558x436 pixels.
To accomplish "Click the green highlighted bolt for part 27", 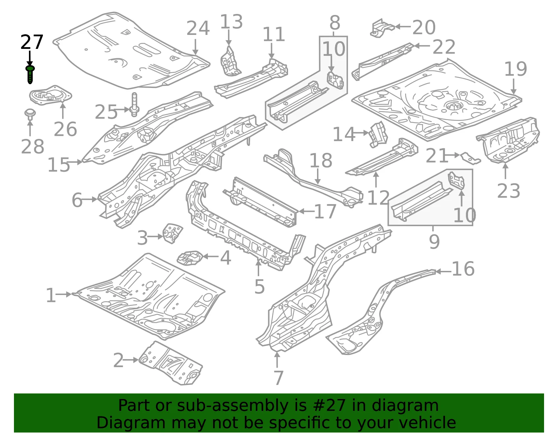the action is coord(30,74).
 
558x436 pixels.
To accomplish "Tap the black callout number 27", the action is coord(32,42).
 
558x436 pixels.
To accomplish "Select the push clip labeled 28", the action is coord(30,114).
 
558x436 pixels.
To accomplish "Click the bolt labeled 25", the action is coord(134,105).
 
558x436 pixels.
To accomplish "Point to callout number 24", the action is coord(198,28).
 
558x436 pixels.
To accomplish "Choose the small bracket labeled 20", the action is coord(382,28).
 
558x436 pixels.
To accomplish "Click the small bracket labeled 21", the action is coord(470,158).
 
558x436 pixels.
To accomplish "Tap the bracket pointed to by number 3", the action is coord(173,233).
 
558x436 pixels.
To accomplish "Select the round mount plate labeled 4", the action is coord(189,258).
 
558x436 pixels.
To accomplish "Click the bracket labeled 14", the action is coord(378,135).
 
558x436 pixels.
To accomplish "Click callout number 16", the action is coord(463,269).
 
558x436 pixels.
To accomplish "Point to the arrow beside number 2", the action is coord(131,360).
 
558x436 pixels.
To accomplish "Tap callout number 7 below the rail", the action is coord(278,378).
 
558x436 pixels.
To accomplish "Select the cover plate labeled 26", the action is coord(50,95).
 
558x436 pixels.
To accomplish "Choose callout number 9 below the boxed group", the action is coord(434,242).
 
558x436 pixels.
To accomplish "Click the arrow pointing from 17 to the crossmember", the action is coord(306,211).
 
